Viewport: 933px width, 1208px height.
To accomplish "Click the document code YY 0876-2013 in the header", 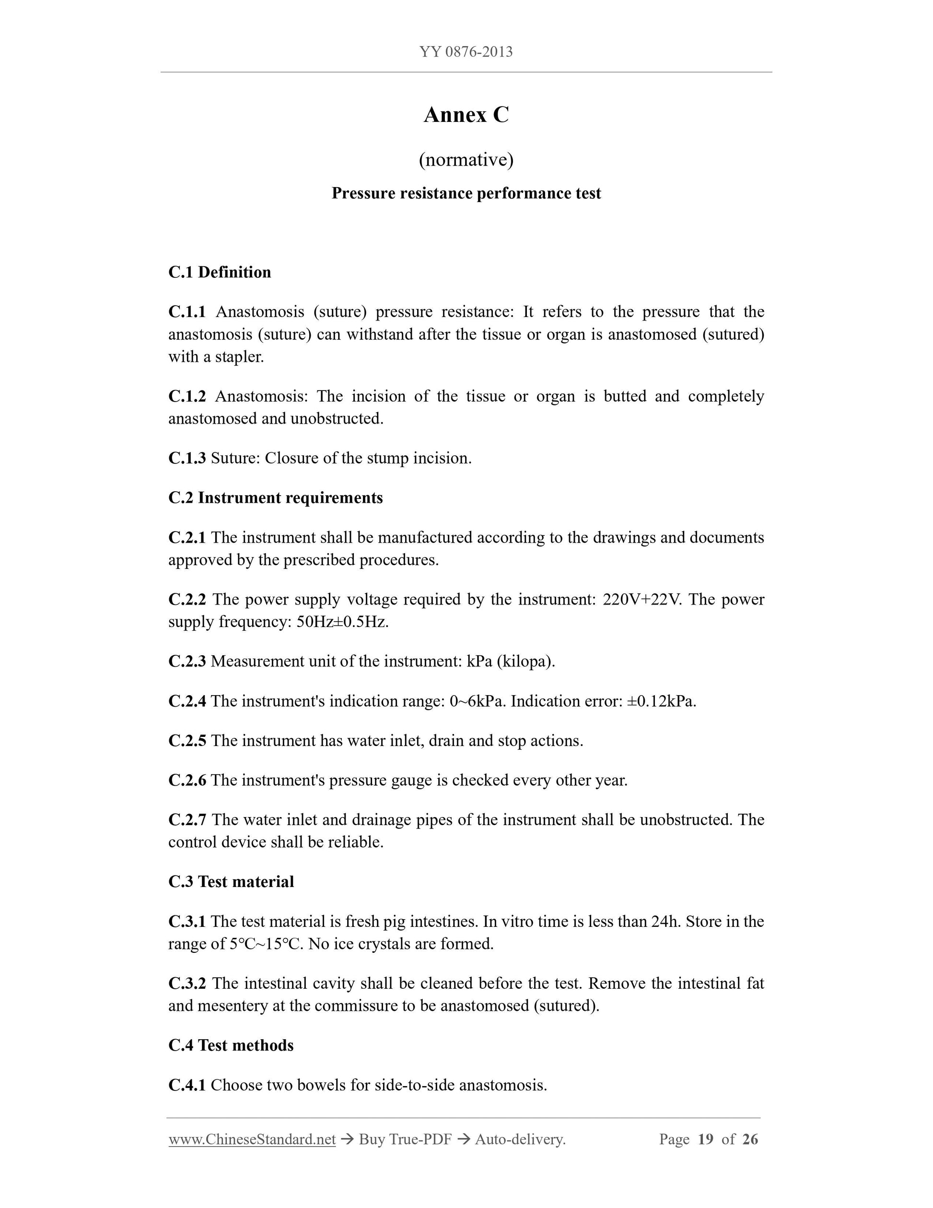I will click(466, 52).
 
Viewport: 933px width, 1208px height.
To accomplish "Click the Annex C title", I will click(466, 115).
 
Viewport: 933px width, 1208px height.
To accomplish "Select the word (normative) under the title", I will click(466, 160).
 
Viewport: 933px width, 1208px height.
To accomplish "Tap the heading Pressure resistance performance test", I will click(466, 194).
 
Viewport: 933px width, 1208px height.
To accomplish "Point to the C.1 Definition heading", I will click(220, 272).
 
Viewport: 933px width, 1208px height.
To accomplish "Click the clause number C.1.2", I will click(187, 396).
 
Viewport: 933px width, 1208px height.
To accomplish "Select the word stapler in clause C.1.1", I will click(239, 357).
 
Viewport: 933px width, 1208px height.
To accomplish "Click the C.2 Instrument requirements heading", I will click(275, 498).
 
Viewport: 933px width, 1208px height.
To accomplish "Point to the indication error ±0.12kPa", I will click(662, 701).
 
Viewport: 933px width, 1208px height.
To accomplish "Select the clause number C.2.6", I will click(187, 781).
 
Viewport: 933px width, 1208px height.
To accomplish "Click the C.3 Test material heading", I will click(231, 882).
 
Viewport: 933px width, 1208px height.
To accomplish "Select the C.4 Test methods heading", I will click(231, 1045).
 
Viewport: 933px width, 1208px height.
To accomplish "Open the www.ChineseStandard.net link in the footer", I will click(252, 1139).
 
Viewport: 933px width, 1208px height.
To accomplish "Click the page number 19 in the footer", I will click(706, 1139).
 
